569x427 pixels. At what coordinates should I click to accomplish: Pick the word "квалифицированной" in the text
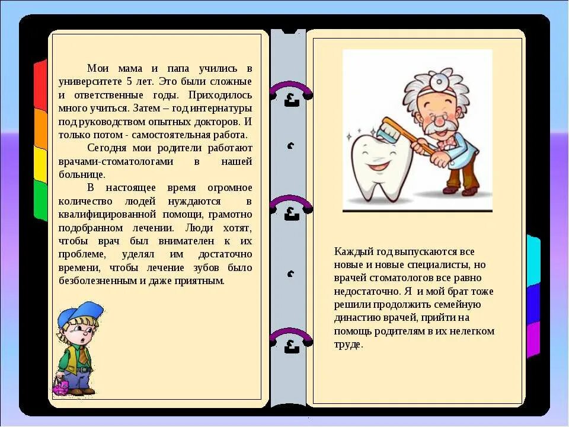click(115, 214)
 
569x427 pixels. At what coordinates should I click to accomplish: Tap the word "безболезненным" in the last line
click(98, 281)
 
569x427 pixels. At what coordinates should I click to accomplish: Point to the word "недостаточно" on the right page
click(366, 291)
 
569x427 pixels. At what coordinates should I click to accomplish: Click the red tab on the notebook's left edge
click(40, 84)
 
